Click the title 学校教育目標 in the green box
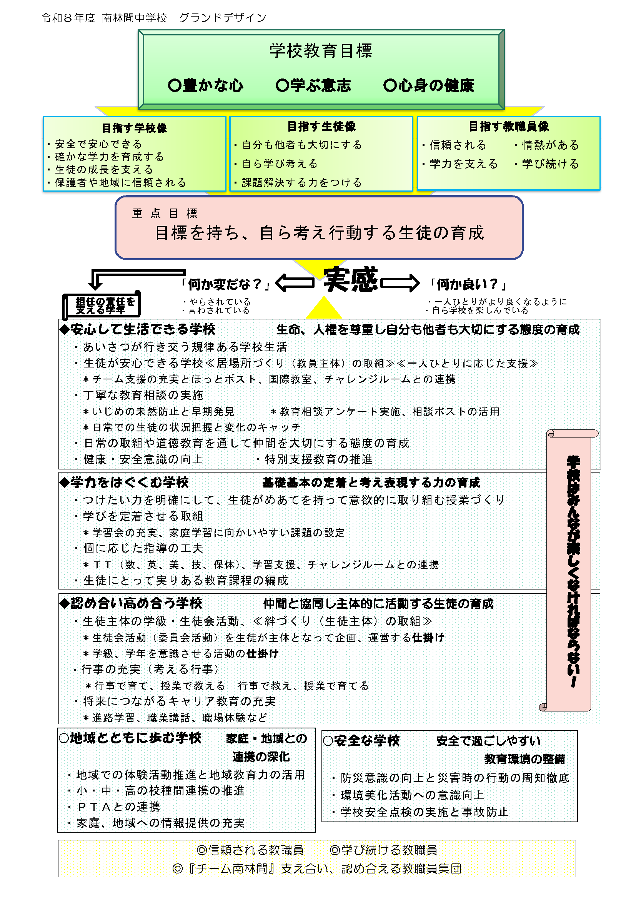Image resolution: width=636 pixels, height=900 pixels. point(320,51)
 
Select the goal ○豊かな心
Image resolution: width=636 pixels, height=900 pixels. point(206,85)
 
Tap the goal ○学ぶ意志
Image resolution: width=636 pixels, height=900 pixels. point(313,85)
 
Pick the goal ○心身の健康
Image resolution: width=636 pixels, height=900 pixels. point(429,85)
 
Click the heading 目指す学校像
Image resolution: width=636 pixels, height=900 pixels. point(134,128)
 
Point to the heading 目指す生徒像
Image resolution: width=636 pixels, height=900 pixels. point(321,127)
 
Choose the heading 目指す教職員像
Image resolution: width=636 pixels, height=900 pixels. point(509,127)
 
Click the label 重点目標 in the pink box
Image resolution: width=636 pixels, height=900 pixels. point(165,213)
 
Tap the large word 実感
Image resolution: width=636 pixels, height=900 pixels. point(351,280)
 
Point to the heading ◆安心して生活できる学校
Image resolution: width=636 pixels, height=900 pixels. point(137,329)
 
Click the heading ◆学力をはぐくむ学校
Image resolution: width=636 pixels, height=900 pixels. point(124,483)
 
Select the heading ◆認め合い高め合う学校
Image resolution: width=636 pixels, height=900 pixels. point(131,603)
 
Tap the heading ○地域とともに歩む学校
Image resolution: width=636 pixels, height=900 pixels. point(130,738)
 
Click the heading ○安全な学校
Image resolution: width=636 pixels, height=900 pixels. point(361,740)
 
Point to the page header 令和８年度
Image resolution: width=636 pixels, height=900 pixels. point(68,18)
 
